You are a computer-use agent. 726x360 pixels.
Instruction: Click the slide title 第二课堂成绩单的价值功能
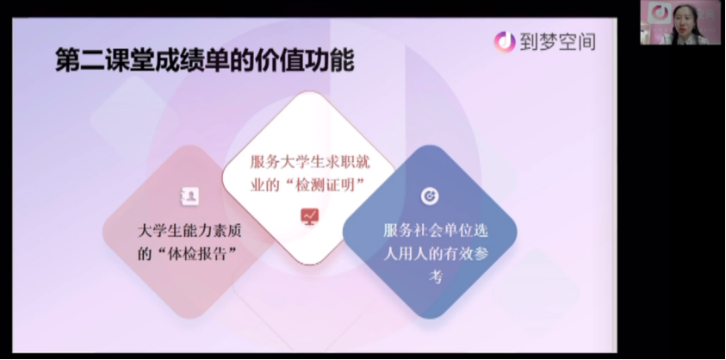205,60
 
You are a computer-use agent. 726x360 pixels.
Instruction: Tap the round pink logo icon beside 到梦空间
505,42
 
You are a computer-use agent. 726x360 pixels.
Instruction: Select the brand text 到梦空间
557,42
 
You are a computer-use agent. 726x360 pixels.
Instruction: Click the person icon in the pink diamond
189,196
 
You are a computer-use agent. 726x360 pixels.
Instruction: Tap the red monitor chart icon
309,216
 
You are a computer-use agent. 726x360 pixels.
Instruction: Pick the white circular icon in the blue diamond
430,196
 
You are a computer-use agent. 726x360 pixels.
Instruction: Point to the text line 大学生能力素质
189,231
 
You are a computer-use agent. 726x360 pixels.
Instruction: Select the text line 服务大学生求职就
310,162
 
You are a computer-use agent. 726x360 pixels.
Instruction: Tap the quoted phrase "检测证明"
322,185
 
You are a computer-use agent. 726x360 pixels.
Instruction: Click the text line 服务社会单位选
436,230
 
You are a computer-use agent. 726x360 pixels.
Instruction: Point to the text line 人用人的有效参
436,254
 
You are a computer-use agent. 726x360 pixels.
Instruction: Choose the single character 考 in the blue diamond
436,277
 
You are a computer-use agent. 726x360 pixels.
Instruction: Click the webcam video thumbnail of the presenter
680,22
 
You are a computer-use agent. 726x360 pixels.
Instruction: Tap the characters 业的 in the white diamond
265,185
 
